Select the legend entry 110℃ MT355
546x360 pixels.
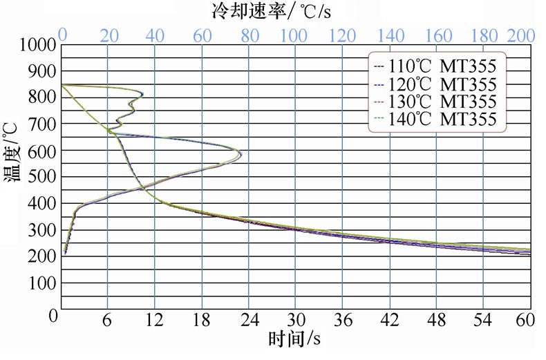coord(435,67)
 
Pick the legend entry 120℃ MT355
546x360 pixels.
coord(435,84)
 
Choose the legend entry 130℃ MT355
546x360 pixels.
coord(435,102)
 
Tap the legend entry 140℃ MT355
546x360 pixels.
coord(435,119)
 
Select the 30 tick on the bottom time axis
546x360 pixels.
coord(295,321)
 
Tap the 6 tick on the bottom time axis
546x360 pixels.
coord(108,321)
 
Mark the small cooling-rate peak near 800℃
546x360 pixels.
coord(142,94)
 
